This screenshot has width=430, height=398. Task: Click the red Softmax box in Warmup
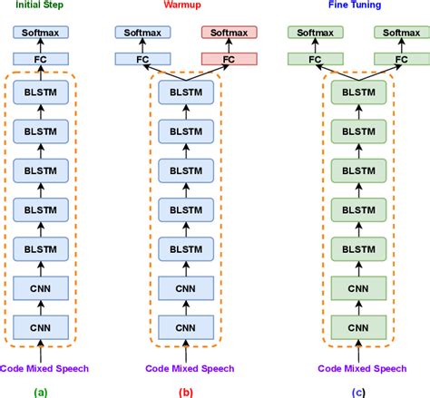pyautogui.click(x=230, y=34)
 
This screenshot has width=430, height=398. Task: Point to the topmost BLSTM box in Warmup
pyautogui.click(x=186, y=92)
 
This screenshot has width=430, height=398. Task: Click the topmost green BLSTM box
pyautogui.click(x=359, y=92)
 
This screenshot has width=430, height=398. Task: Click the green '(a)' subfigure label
pyautogui.click(x=41, y=391)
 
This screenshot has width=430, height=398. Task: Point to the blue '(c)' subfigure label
pyautogui.click(x=359, y=391)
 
